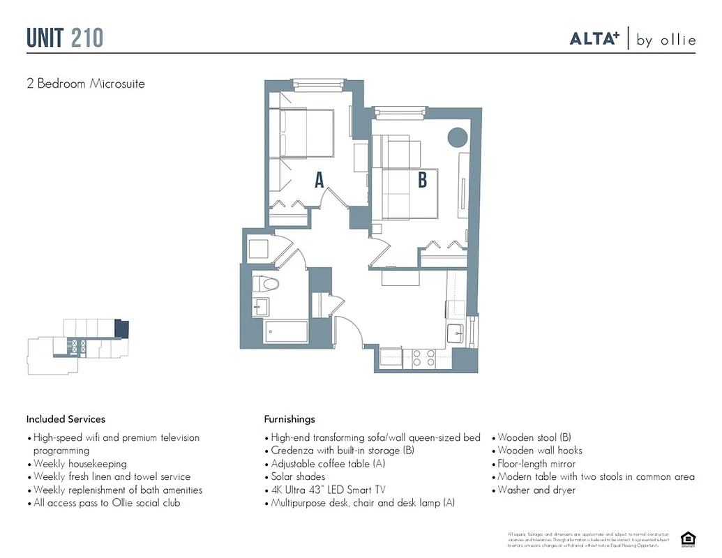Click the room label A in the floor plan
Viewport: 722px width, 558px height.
coord(319,180)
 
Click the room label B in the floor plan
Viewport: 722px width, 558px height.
coord(422,180)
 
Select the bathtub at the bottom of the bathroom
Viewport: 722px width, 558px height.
coord(285,332)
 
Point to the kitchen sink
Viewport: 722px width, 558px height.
coord(456,332)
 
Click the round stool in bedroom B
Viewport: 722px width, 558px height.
coord(458,137)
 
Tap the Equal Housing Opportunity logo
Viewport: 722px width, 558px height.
coord(688,538)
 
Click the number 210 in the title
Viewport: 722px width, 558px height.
coord(87,38)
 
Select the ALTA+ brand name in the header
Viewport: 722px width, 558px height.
coord(594,39)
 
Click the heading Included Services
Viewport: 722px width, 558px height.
coord(66,419)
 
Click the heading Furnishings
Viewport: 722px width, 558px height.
coord(289,419)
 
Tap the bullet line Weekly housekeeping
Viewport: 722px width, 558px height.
coord(80,464)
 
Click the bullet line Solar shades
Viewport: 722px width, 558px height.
coord(297,476)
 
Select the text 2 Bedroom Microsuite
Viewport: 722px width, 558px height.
coord(86,84)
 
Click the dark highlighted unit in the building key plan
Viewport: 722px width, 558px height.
coord(121,328)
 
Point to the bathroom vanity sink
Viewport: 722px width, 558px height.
coord(260,306)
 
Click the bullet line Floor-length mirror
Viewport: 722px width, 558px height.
coord(536,464)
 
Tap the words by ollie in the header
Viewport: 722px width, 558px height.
coord(666,40)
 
